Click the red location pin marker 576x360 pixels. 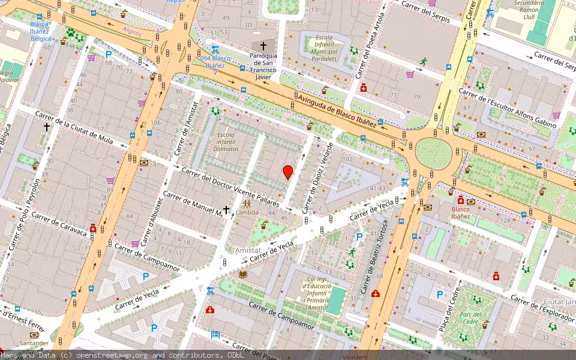[x=288, y=172]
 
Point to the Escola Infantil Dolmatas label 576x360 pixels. [x=227, y=142]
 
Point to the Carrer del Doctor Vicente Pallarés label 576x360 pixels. [x=231, y=187]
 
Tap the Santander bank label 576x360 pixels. [x=34, y=343]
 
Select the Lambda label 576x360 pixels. [x=247, y=212]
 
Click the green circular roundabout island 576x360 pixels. [x=433, y=153]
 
